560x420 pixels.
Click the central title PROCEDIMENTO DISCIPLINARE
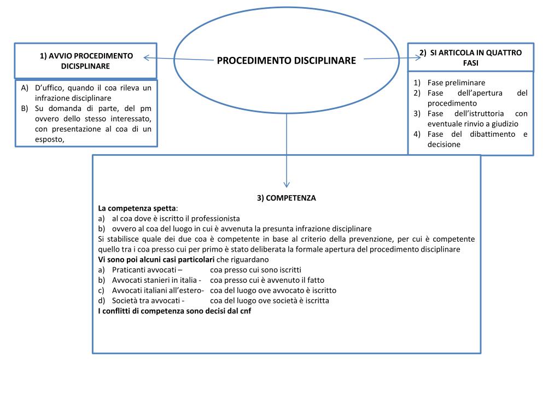coord(286,60)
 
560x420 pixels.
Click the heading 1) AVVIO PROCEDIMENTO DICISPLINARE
coord(86,61)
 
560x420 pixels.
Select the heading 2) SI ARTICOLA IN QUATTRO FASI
coord(470,57)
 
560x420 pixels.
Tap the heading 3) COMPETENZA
coord(286,198)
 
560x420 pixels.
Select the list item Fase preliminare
coord(456,83)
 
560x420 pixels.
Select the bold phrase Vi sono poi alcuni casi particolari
coord(156,260)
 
